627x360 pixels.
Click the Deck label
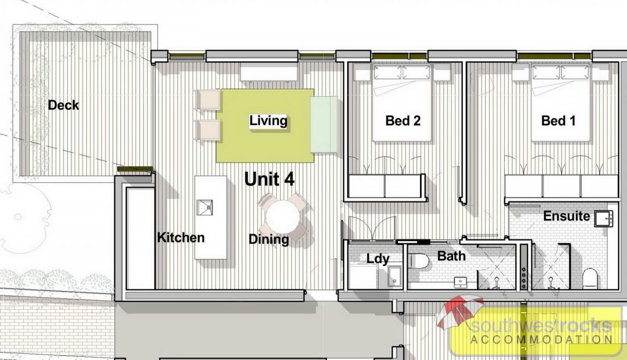coord(64,105)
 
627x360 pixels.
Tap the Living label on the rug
coord(268,121)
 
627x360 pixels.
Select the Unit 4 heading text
coord(269,179)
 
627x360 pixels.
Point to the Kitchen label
coord(181,238)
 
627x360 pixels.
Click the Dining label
coord(269,240)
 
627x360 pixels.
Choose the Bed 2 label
coord(403,121)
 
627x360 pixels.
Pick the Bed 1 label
coord(558,121)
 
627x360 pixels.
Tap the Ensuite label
coord(566,216)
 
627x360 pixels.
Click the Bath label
coord(451,256)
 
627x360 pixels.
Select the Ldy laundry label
coord(378,259)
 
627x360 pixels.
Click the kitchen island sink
coord(205,207)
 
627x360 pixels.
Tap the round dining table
coord(283,217)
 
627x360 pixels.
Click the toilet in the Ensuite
coord(590,278)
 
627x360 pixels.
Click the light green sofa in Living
coord(324,124)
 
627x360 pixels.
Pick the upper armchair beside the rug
coord(208,99)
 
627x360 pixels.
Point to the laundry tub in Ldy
coord(394,276)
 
